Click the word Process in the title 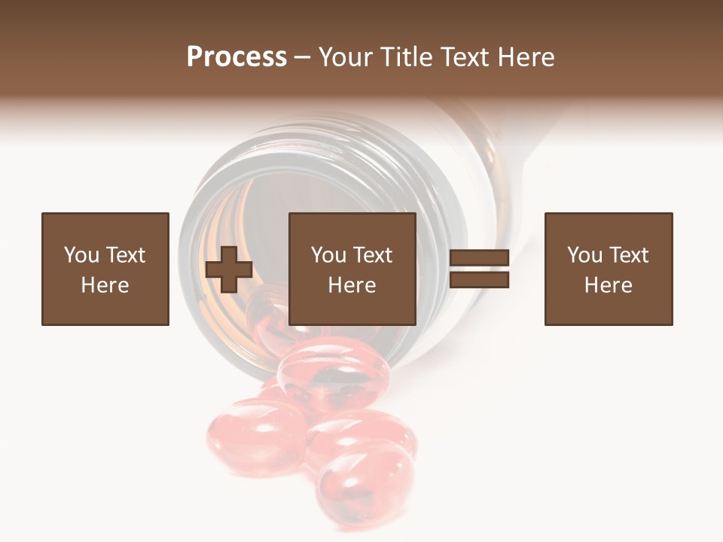[x=236, y=57]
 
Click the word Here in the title [x=523, y=57]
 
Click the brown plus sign [x=229, y=269]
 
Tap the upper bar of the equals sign [x=479, y=257]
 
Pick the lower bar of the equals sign [x=479, y=280]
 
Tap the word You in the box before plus [x=81, y=255]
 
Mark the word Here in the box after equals [x=609, y=285]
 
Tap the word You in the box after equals [x=584, y=255]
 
